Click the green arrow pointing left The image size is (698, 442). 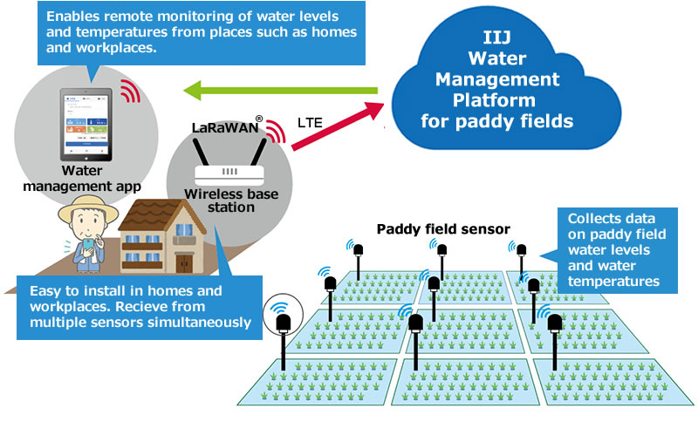(279, 89)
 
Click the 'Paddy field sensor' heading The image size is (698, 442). (443, 229)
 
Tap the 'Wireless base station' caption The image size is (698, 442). (231, 201)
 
